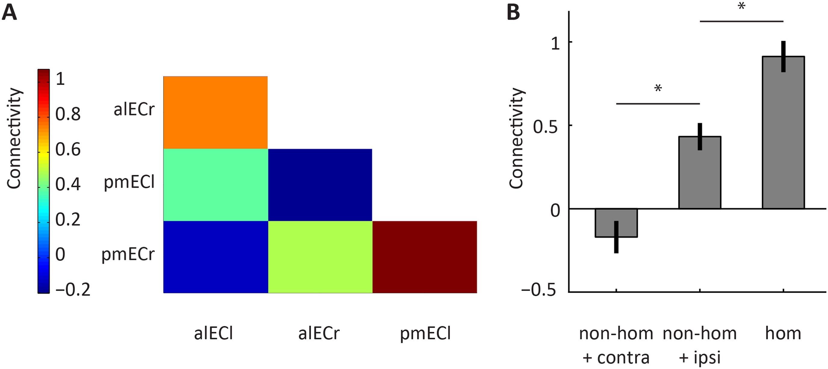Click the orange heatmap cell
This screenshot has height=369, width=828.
215,112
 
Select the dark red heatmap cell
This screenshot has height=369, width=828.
425,257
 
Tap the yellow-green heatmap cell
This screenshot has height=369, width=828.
320,257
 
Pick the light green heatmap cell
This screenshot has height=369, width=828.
215,184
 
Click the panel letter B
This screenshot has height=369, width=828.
513,13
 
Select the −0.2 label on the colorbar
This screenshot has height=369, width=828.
73,289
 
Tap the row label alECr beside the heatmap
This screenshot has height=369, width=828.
134,110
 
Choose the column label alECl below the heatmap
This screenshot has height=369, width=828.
213,333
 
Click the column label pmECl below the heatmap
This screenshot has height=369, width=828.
425,333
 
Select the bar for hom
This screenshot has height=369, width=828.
783,135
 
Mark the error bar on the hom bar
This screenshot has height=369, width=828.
783,56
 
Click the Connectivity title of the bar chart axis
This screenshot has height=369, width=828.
517,138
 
